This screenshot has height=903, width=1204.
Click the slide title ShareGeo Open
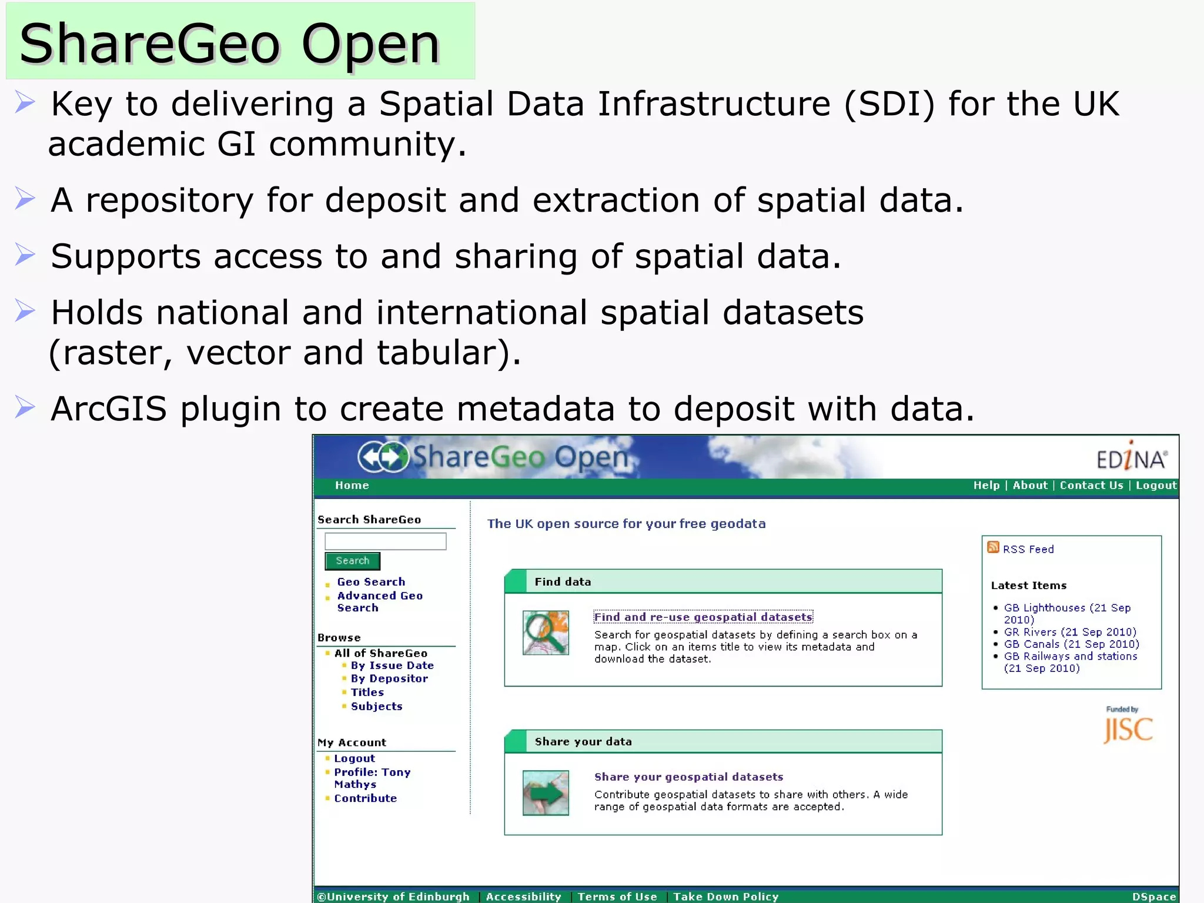click(229, 44)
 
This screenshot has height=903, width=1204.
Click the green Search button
click(352, 561)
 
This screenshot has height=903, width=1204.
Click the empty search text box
click(385, 541)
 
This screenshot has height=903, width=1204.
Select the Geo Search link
click(371, 581)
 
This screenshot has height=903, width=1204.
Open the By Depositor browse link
click(389, 678)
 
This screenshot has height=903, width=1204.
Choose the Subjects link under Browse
click(376, 706)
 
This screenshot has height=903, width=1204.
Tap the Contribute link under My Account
click(365, 798)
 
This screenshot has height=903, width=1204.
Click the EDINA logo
click(1131, 457)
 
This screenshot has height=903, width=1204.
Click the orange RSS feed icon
click(993, 547)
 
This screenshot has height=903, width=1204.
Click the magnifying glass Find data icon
click(546, 633)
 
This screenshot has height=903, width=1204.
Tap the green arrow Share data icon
click(546, 792)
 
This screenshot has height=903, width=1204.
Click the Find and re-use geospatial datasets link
click(703, 617)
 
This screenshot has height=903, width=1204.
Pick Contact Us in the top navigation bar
click(1091, 485)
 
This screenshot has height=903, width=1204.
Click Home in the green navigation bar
click(352, 485)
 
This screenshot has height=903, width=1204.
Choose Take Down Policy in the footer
click(725, 897)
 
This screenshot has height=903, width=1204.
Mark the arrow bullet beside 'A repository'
click(25, 198)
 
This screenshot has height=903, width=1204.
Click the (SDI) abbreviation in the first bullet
click(889, 104)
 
